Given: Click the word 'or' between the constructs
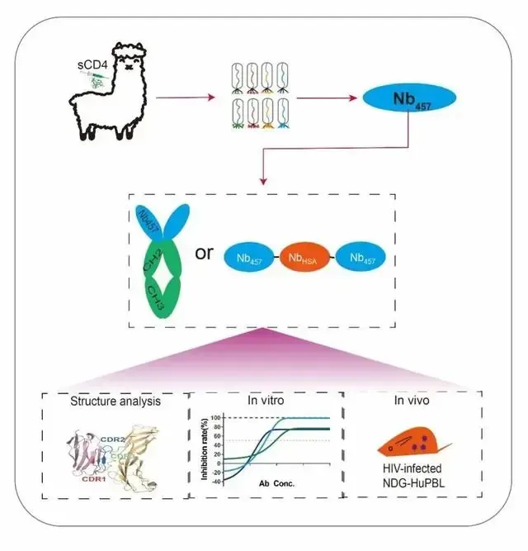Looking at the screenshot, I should pos(205,252).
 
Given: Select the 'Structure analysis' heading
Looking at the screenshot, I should pos(115,402).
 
